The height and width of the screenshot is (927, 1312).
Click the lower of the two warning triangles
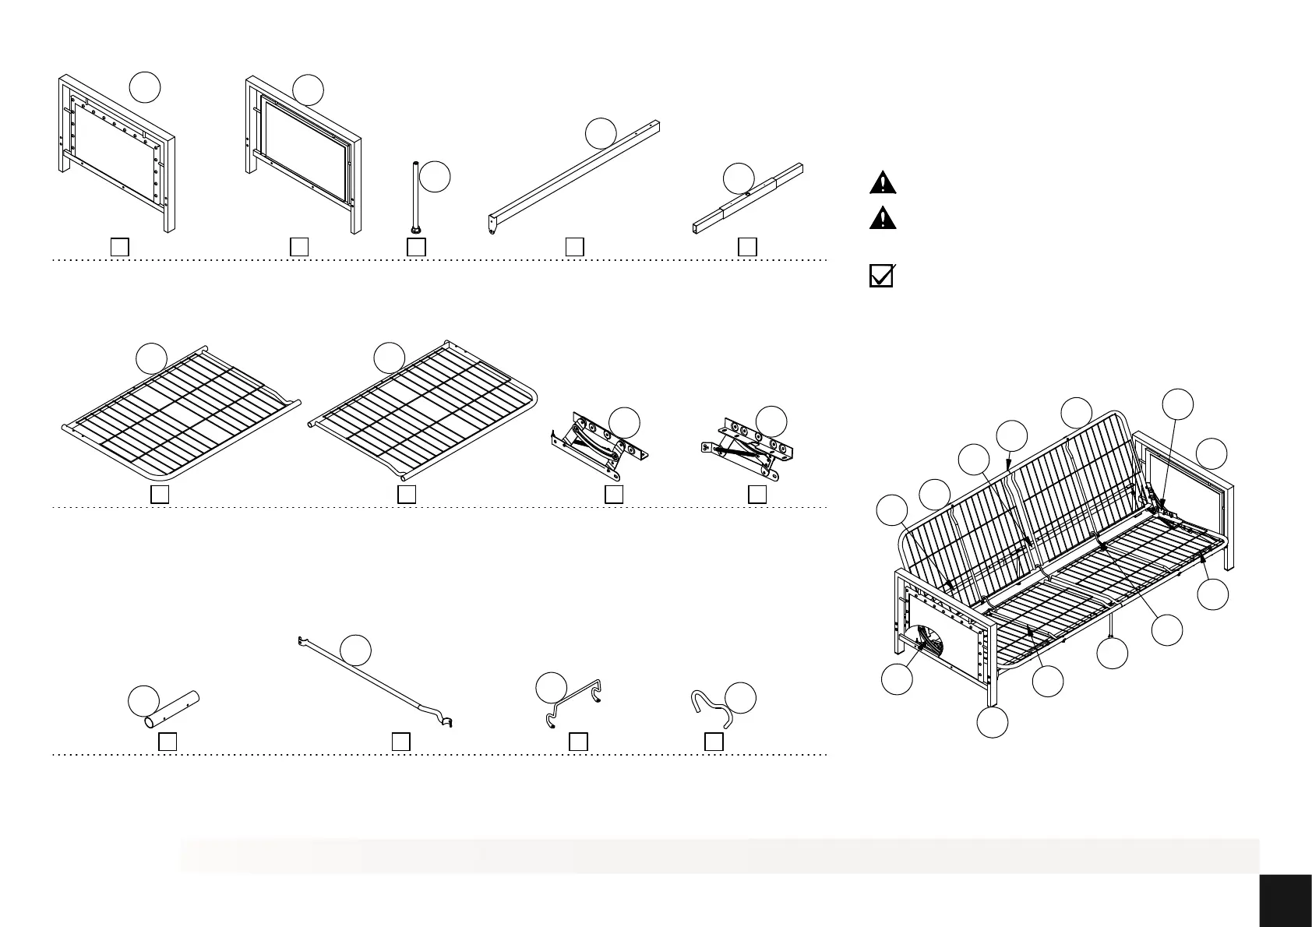[x=882, y=217]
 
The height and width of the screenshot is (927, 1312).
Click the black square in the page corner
[x=1285, y=899]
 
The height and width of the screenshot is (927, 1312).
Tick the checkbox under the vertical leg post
[x=417, y=247]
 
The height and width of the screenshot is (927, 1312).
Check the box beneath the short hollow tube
[x=168, y=742]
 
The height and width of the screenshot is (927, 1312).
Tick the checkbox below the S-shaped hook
[x=714, y=742]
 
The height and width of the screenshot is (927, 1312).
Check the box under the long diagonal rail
[x=574, y=247]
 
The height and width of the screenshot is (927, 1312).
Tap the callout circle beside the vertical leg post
[x=435, y=176]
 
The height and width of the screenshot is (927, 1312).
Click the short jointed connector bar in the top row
[x=747, y=202]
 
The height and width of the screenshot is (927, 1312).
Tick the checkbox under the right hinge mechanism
[x=757, y=494]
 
